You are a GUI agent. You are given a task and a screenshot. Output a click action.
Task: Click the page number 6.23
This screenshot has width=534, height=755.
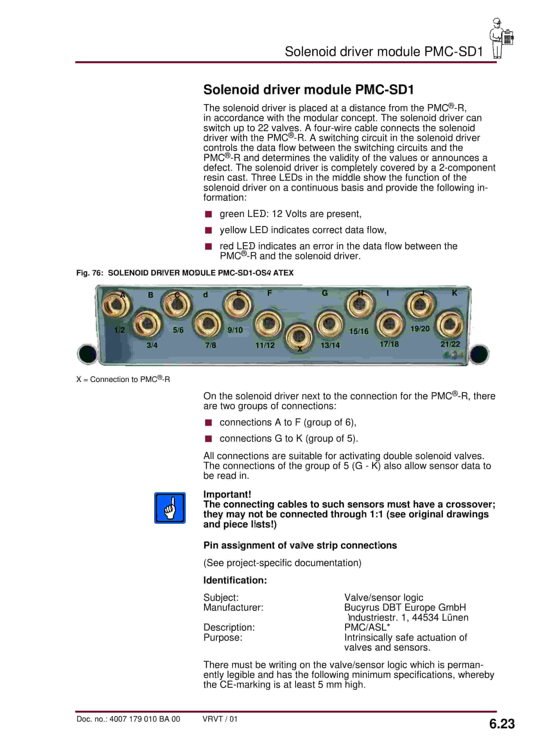pyautogui.click(x=501, y=724)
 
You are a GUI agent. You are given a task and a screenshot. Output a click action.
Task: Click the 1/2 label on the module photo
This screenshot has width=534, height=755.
pyautogui.click(x=120, y=330)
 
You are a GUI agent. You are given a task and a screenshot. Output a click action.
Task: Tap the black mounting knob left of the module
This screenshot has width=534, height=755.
pyautogui.click(x=87, y=354)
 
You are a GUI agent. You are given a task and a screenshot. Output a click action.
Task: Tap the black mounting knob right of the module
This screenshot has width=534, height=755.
pyautogui.click(x=479, y=354)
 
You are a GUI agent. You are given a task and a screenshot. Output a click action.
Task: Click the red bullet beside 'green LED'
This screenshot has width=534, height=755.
pyautogui.click(x=208, y=214)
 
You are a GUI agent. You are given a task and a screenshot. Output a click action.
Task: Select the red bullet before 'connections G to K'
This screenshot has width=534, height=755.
pyautogui.click(x=208, y=439)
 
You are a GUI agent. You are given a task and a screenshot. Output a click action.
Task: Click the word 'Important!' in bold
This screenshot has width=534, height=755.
pyautogui.click(x=227, y=494)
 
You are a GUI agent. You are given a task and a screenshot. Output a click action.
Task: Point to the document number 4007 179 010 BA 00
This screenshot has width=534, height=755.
pyautogui.click(x=144, y=719)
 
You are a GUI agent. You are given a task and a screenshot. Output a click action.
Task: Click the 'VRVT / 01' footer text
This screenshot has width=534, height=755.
pyautogui.click(x=220, y=719)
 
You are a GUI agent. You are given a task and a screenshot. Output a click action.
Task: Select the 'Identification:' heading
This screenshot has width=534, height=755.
pyautogui.click(x=235, y=580)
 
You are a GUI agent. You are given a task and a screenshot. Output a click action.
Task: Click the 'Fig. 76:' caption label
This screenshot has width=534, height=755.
pyautogui.click(x=89, y=273)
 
